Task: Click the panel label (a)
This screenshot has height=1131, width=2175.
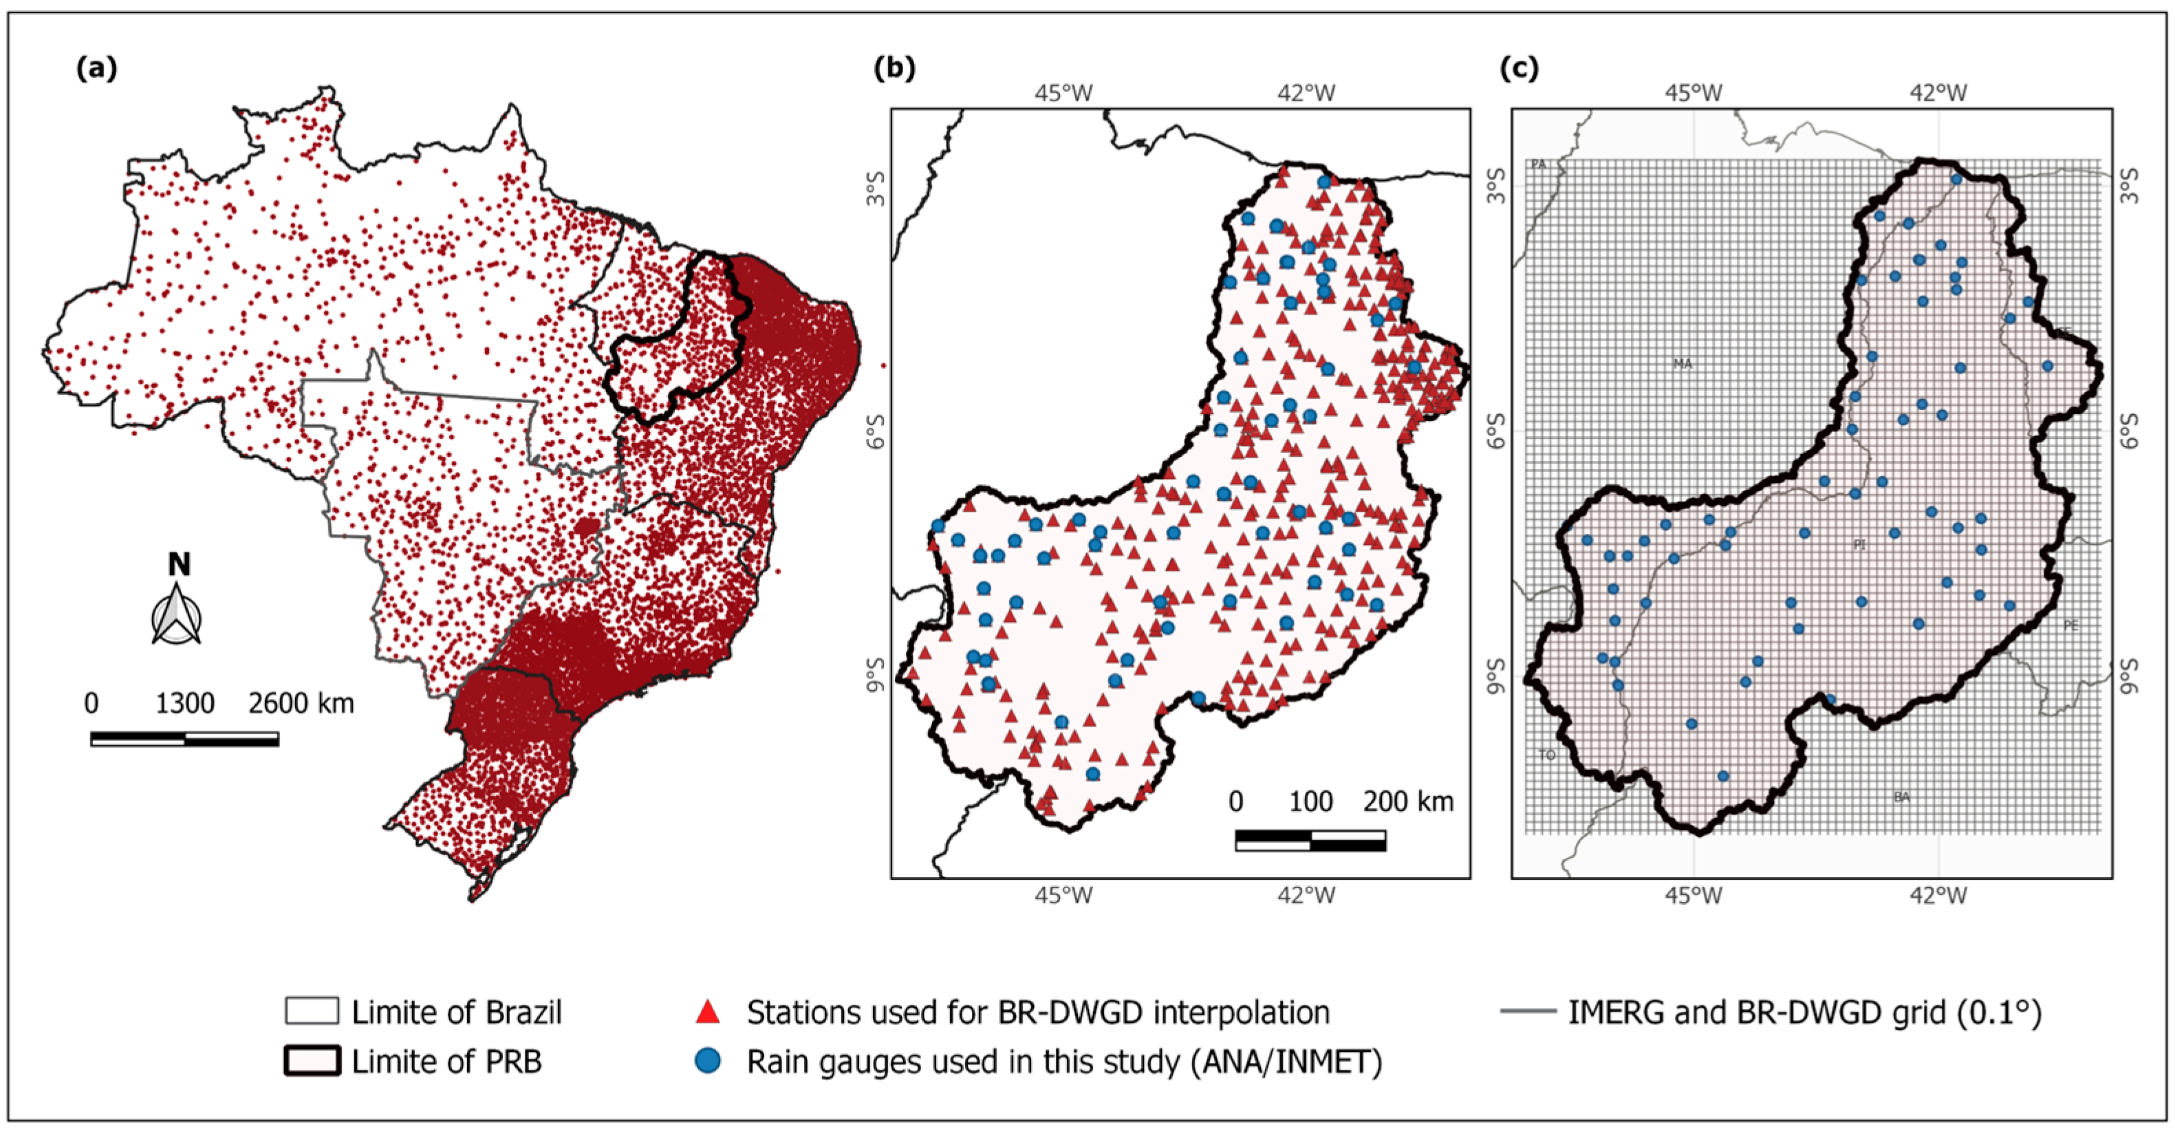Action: (96, 67)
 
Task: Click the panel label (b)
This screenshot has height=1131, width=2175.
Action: (894, 67)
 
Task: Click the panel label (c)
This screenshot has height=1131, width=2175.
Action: (1519, 67)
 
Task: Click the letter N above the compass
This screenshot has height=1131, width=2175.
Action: (179, 564)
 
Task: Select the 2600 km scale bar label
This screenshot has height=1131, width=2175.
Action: (301, 703)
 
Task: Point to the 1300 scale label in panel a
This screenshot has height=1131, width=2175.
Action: (185, 703)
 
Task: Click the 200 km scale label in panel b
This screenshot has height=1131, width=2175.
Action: (1407, 801)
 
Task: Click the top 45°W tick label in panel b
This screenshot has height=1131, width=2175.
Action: (1064, 93)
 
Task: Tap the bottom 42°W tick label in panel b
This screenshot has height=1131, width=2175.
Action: (1307, 895)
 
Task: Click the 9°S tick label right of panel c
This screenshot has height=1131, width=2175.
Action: (2128, 676)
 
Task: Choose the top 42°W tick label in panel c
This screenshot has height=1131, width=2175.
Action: (1938, 93)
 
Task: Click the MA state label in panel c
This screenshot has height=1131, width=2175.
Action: (1682, 364)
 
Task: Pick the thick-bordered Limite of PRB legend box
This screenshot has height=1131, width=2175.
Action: (312, 1061)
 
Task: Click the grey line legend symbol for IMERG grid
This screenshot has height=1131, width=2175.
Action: (1528, 1011)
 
